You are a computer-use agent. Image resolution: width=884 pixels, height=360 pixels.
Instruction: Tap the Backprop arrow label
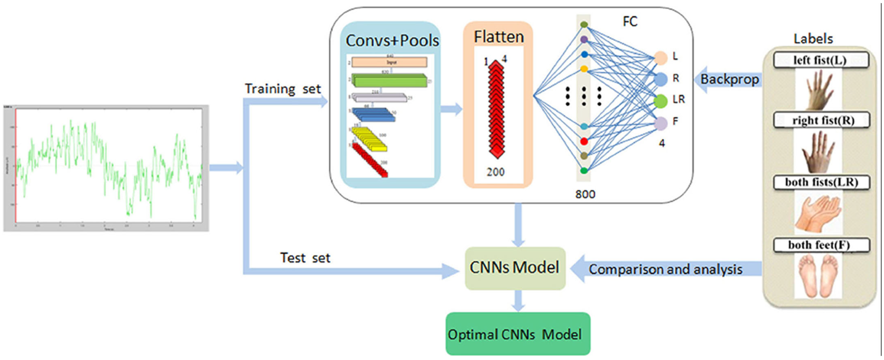tap(729, 79)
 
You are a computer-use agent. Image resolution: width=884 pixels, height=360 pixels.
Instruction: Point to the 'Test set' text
tap(305, 258)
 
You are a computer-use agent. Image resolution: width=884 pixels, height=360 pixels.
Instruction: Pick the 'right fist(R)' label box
tap(821, 120)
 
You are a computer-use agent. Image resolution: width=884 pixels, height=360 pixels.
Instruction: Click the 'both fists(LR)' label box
tap(821, 182)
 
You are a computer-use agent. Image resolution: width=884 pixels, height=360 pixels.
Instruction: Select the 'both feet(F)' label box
tap(821, 245)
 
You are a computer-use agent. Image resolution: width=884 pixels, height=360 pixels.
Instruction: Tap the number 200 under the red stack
tap(496, 172)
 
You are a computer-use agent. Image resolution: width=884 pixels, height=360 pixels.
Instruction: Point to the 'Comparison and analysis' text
tap(665, 269)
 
